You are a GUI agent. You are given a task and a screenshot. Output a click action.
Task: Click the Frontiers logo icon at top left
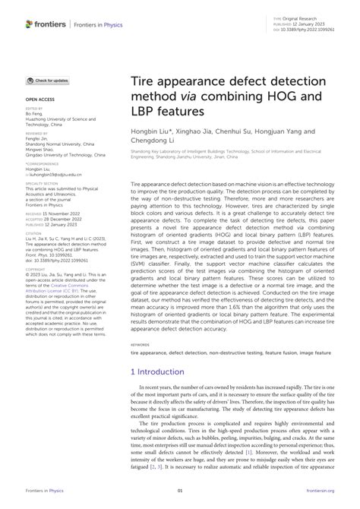point(30,24)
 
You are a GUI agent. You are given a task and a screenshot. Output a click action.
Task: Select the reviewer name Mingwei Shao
point(43,149)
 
